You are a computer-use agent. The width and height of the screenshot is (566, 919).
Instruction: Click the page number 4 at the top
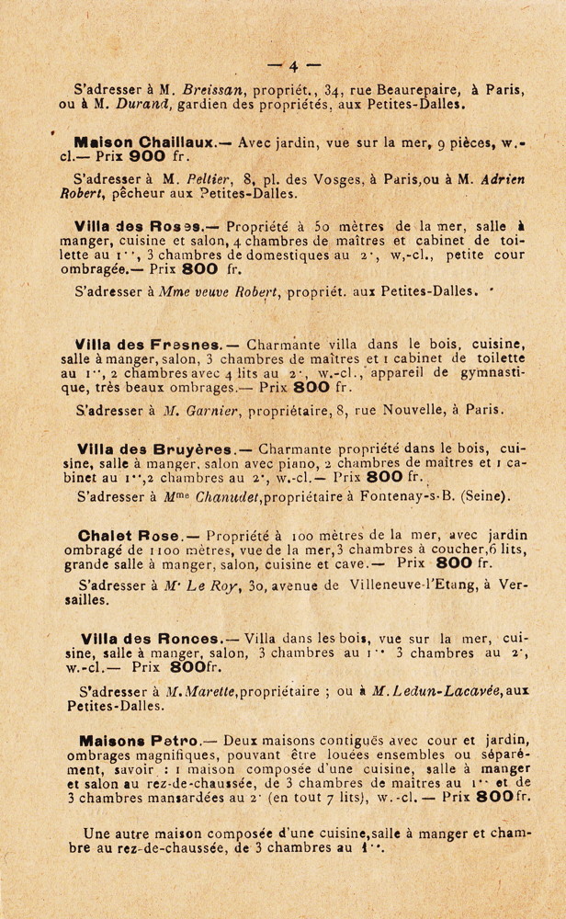[x=292, y=66]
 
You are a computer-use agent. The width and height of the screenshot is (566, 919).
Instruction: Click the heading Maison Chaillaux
[x=131, y=143]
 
